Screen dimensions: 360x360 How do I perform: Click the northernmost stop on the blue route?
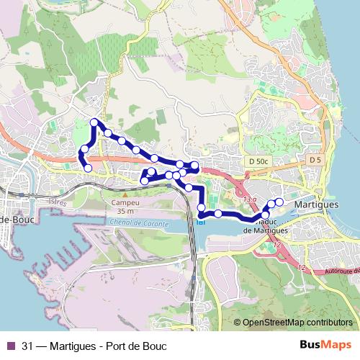point(94,122)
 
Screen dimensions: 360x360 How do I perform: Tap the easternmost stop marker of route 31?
point(279,201)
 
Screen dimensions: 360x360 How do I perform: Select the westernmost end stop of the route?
point(89,168)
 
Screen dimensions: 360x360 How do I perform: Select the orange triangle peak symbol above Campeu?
point(125,194)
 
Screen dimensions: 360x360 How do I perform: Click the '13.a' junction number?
point(250,199)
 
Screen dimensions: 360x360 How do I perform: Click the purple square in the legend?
point(11,345)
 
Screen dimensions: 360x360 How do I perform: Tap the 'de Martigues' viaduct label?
point(266,230)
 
